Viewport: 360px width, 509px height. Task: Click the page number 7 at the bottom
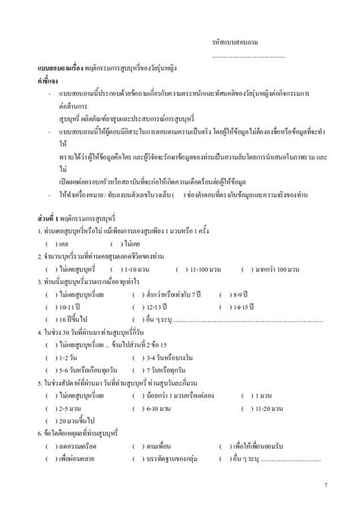326,483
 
